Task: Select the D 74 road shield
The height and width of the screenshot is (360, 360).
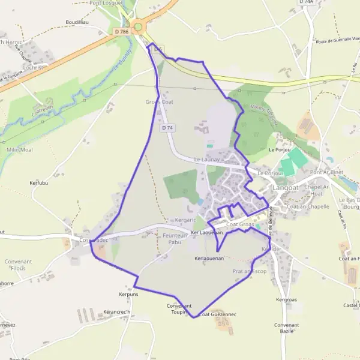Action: click(167, 128)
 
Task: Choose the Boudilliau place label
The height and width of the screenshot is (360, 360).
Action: click(77, 22)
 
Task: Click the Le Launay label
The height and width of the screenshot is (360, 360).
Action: click(207, 160)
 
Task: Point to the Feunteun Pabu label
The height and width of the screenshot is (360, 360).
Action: click(176, 239)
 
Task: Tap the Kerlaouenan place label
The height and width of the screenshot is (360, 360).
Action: click(209, 258)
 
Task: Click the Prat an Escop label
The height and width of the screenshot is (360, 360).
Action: click(249, 271)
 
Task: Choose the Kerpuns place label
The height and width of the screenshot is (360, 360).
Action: click(128, 295)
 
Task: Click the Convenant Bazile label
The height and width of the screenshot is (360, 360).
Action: click(286, 328)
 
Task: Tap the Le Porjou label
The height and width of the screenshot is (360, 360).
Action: click(280, 149)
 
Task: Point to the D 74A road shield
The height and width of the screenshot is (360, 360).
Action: click(306, 2)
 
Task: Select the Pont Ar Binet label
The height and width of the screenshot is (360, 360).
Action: click(327, 172)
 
